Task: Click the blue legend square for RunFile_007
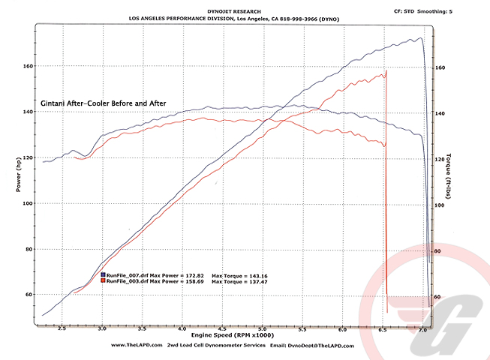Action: tap(103, 274)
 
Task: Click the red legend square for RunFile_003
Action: tap(103, 280)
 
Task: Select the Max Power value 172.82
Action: tap(194, 276)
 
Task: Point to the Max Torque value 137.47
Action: tap(258, 282)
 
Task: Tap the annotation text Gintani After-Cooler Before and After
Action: tap(104, 103)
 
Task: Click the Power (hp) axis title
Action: tap(18, 175)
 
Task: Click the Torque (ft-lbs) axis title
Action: tap(449, 175)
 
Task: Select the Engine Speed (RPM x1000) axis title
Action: tap(233, 335)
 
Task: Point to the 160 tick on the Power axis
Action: tap(28, 66)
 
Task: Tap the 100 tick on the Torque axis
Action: tap(440, 205)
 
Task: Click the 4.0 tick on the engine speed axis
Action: tap(182, 328)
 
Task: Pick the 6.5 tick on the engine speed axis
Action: tap(383, 330)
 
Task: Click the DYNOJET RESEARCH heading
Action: tap(234, 11)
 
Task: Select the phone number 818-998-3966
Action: tap(299, 19)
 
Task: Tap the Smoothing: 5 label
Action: tap(434, 11)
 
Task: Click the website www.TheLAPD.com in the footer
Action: tap(137, 345)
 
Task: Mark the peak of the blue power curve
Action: tap(421, 37)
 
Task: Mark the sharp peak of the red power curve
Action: tap(386, 71)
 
